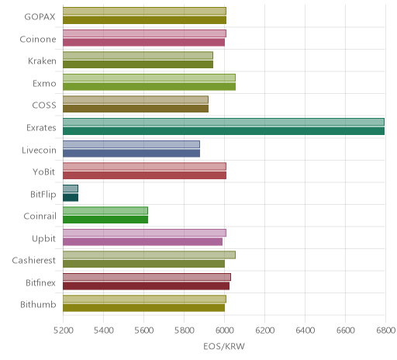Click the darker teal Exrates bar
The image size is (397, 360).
(223, 131)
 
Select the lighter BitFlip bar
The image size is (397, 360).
(71, 189)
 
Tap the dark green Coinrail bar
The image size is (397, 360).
(105, 220)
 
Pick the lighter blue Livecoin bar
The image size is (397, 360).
(131, 144)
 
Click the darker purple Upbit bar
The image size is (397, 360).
(143, 241)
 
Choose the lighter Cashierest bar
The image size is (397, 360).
(149, 255)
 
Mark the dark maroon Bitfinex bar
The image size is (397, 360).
(146, 286)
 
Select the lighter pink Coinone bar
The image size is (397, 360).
(144, 33)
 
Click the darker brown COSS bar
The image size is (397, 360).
(136, 109)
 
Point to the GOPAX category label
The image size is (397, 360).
(40, 17)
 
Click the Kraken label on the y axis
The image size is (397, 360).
(42, 61)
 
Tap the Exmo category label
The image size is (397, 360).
(44, 84)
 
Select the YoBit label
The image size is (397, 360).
(44, 172)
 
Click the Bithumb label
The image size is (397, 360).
(38, 305)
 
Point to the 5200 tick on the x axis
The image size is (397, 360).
(64, 331)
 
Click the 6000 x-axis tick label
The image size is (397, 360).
(225, 331)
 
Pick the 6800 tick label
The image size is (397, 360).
(386, 331)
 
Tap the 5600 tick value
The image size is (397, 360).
(144, 331)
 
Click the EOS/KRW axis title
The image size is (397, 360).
(224, 346)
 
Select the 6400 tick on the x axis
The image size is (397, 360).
(306, 331)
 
